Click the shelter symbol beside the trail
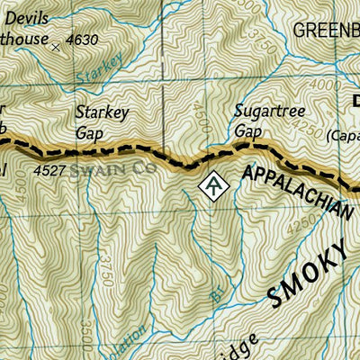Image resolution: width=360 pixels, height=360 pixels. coord(212,185)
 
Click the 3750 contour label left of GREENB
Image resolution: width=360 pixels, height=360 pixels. coord(261,41)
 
